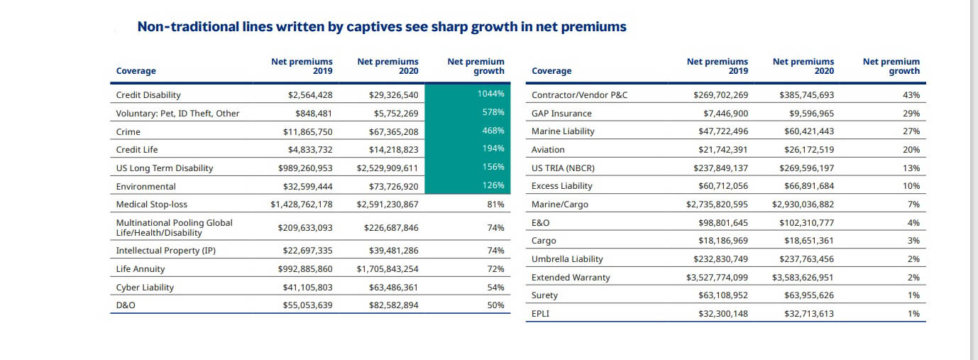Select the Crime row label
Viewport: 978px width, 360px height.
[128, 131]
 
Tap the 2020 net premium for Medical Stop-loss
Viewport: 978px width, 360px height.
[388, 204]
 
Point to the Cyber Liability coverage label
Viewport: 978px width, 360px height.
[145, 288]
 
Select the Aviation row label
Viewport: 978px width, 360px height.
[548, 150]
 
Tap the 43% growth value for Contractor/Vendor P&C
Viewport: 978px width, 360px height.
[913, 95]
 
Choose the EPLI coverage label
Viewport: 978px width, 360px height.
[540, 313]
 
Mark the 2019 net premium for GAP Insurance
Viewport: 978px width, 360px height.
[720, 114]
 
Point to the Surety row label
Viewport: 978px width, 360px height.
[544, 295]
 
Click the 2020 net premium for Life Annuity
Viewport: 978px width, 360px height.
[388, 269]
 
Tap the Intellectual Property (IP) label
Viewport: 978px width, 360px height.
[165, 251]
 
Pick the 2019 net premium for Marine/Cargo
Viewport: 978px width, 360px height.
[717, 204]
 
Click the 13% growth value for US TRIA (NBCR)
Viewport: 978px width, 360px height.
[913, 168]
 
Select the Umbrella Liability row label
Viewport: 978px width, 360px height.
[568, 259]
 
